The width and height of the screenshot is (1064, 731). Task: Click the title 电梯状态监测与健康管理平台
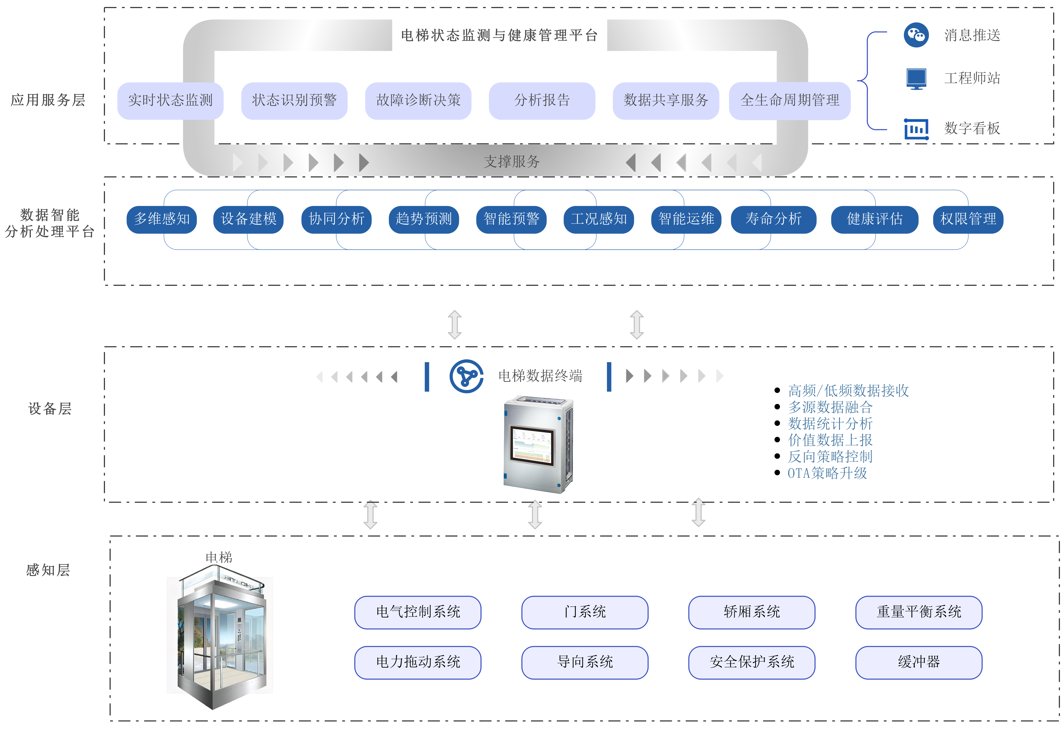(x=499, y=35)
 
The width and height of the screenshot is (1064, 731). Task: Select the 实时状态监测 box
(x=170, y=100)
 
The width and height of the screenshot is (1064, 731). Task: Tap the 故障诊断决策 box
(x=418, y=100)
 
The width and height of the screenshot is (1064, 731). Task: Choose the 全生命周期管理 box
(x=790, y=100)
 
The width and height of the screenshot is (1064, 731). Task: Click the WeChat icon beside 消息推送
(x=916, y=35)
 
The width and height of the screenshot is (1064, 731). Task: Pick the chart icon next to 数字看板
(x=916, y=129)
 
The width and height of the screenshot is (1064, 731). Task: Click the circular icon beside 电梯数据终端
(x=466, y=376)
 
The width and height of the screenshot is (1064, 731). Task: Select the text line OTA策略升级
(x=827, y=473)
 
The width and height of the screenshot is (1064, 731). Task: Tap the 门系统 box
(x=585, y=612)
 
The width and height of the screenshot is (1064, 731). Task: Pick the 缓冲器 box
(x=919, y=662)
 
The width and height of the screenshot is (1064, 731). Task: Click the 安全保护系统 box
(x=752, y=662)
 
